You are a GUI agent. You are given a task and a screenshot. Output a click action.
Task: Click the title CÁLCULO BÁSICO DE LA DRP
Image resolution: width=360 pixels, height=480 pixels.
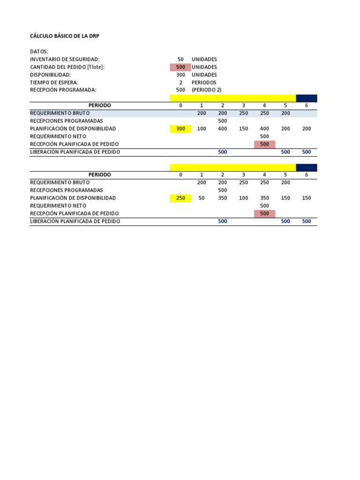(65, 36)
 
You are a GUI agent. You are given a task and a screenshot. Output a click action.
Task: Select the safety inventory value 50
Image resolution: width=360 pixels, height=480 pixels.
(180, 60)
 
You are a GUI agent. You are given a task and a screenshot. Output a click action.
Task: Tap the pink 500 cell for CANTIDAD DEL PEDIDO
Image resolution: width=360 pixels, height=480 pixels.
(180, 67)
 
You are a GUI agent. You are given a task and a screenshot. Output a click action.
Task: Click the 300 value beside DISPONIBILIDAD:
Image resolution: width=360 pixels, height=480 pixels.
(180, 75)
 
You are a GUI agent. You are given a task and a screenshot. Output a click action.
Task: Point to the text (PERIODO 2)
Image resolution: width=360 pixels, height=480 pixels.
(206, 90)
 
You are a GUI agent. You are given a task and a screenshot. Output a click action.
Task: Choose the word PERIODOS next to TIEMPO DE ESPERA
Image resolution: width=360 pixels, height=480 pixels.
(204, 82)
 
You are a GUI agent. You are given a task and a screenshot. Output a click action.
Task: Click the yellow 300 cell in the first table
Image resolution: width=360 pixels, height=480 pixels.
(180, 128)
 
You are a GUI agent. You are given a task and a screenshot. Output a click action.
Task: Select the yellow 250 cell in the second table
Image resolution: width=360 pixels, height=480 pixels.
(180, 198)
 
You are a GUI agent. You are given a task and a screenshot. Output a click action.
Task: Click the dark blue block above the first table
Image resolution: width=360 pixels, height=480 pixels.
(307, 98)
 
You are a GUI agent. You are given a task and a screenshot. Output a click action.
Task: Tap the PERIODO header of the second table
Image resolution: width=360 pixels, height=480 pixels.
(100, 175)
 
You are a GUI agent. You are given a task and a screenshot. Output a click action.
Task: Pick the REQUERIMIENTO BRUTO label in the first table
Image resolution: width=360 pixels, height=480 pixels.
(60, 113)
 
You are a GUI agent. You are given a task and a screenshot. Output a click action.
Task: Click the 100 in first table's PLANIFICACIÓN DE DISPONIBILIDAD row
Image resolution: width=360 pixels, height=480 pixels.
(202, 128)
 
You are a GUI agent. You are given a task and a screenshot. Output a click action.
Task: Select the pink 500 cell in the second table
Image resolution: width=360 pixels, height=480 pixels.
(264, 213)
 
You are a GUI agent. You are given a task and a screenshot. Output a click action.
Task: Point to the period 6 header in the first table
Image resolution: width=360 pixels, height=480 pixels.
(307, 105)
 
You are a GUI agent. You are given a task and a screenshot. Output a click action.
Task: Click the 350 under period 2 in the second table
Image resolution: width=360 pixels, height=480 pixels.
(223, 198)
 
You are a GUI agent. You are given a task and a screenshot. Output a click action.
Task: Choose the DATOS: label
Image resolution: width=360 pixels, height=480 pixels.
(39, 52)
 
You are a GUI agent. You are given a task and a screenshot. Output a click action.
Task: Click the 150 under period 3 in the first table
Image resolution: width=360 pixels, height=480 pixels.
(244, 128)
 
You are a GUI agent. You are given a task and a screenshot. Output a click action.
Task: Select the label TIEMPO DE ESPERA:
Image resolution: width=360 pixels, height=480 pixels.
(53, 82)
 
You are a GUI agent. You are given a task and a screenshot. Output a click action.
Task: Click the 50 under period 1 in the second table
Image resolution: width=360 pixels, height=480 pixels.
(202, 198)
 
